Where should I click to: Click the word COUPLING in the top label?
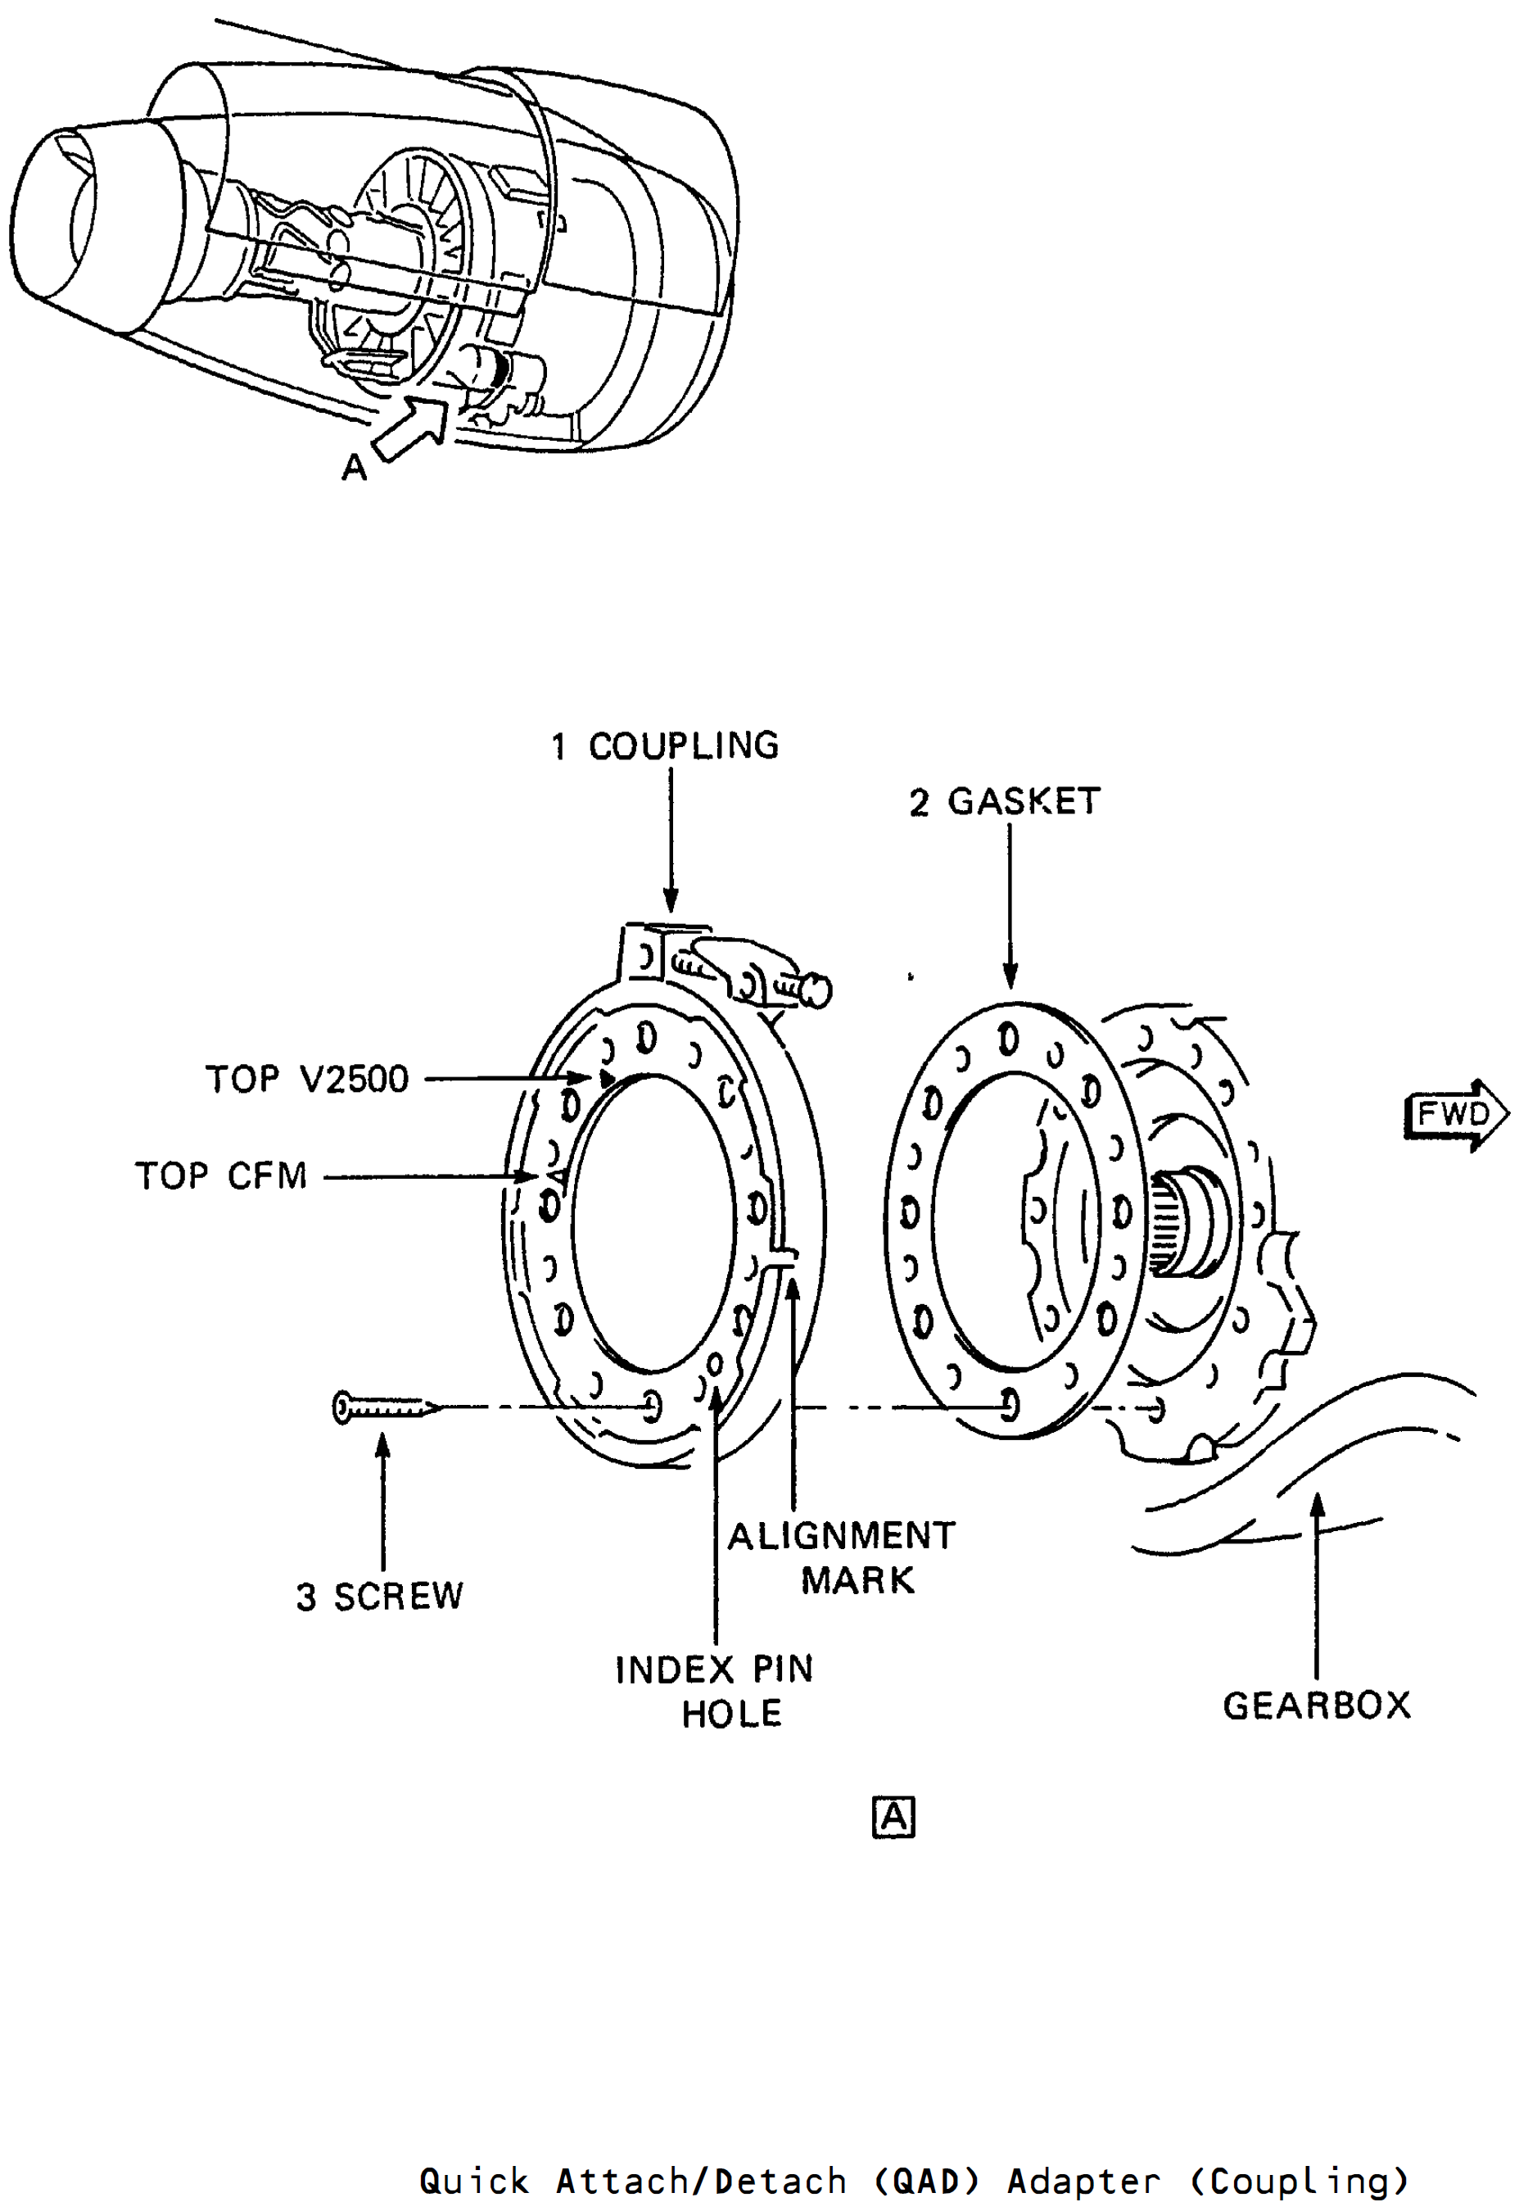684,745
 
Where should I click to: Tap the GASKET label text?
1024,802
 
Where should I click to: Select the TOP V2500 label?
306,1079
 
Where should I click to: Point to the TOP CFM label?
221,1176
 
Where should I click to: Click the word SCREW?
398,1597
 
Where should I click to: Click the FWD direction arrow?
1456,1115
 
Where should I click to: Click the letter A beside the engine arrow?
354,468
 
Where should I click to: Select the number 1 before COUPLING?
559,746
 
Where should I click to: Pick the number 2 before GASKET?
919,803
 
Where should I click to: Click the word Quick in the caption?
474,2180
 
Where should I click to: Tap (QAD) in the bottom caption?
926,2180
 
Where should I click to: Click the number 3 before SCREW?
305,1597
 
